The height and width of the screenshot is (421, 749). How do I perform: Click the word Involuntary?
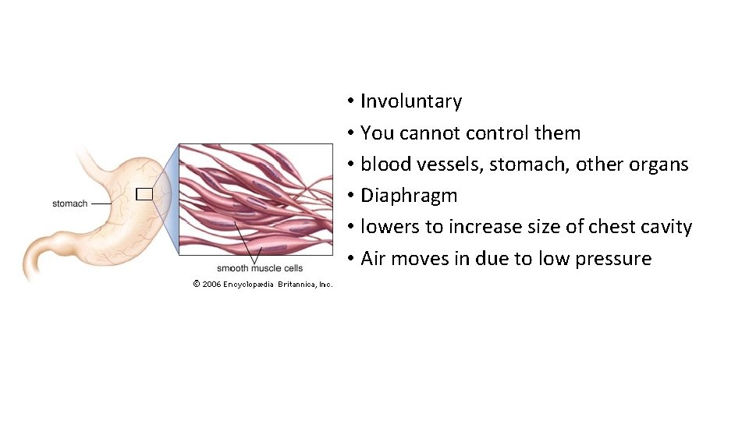pos(410,101)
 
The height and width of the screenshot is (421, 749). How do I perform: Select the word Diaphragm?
pos(409,196)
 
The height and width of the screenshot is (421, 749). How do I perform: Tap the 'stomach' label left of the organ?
pos(69,203)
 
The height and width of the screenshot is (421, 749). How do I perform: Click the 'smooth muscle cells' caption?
pos(260,268)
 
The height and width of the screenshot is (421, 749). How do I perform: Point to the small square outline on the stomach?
pos(143,194)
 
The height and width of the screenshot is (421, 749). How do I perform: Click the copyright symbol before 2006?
pos(197,284)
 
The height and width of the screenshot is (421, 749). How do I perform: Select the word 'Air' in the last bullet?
pos(373,259)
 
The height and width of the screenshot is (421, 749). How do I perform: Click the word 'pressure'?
pos(613,259)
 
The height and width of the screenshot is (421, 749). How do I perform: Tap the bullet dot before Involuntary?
pos(353,101)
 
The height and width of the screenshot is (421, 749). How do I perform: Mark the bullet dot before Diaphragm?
pos(353,196)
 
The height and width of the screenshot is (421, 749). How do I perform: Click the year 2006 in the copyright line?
pos(211,284)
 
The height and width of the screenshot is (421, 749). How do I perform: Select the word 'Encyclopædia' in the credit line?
pos(248,284)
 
